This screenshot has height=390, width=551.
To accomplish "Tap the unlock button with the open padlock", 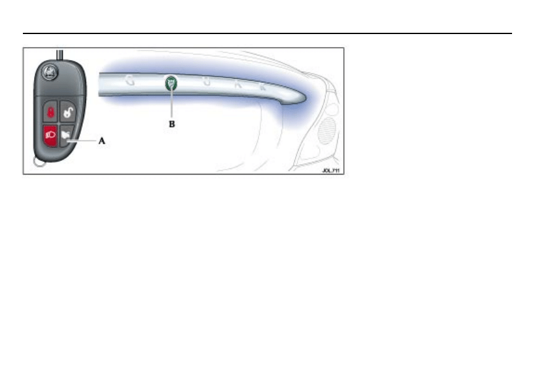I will [x=67, y=113].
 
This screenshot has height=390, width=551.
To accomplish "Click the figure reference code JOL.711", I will [x=331, y=170].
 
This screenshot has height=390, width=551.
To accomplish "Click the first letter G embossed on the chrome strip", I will [x=130, y=80].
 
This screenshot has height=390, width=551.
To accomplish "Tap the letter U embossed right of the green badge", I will [x=208, y=82].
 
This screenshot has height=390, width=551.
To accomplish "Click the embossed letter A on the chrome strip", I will [x=238, y=85].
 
